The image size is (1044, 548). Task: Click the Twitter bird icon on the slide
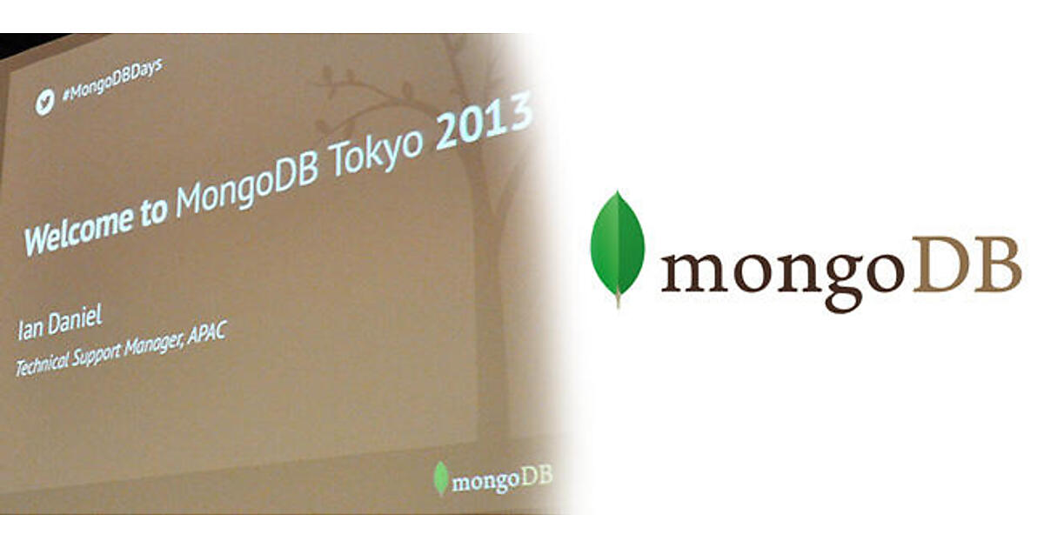tap(45, 102)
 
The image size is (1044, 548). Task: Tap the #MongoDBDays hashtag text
tap(112, 79)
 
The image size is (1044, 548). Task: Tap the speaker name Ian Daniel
tap(59, 323)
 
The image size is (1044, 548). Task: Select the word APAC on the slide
tap(206, 332)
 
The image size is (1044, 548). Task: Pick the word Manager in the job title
tap(152, 344)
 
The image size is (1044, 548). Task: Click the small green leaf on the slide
tap(440, 478)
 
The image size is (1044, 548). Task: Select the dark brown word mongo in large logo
tap(783, 275)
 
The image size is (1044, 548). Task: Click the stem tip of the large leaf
tap(619, 305)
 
